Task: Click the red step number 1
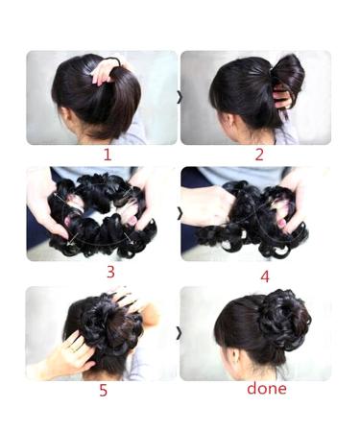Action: pos(107,154)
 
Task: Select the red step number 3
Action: pos(109,272)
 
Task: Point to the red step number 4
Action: pos(264,276)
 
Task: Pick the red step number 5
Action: pos(103,390)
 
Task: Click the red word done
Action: pos(266,389)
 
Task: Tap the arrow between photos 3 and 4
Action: pos(179,213)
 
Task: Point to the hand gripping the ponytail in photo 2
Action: pos(281,97)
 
